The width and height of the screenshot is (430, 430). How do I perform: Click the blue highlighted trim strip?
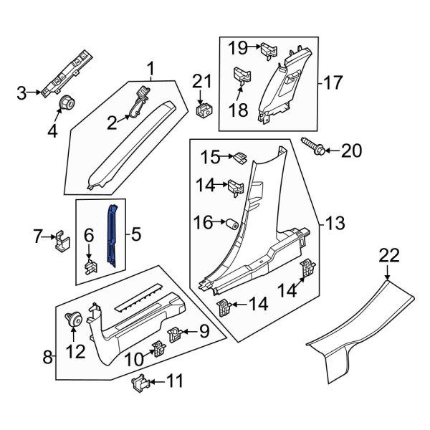112,233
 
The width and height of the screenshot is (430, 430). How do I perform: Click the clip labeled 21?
206,109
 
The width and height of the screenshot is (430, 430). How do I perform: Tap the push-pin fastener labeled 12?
72,322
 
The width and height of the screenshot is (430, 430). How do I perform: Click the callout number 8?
47,356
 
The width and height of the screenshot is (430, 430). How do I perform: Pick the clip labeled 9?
175,333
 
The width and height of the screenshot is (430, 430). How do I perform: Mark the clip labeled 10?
158,350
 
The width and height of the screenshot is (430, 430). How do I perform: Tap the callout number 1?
151,70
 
